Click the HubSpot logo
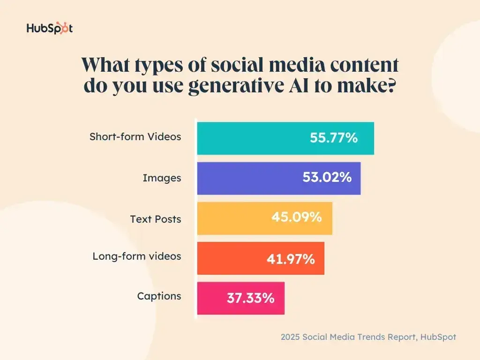click(49, 28)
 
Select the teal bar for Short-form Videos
click(253, 138)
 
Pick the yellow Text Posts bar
click(234, 218)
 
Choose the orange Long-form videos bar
click(230, 258)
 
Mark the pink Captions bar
click(211, 298)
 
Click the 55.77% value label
click(334, 138)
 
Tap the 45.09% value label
click(297, 217)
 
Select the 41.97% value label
click(291, 258)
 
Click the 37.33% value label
click(250, 298)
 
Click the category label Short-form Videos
click(135, 137)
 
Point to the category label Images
click(162, 178)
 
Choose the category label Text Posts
click(156, 219)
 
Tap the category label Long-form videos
click(136, 256)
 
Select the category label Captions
click(159, 296)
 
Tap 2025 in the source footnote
click(291, 337)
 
